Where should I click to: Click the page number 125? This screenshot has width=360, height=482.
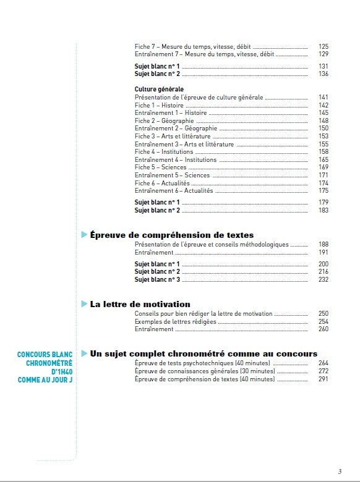(323, 46)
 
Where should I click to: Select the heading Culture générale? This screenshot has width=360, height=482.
(159, 90)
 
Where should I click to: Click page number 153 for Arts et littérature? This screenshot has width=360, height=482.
(323, 136)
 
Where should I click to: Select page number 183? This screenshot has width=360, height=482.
(323, 211)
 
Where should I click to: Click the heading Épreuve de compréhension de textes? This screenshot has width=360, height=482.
(171, 235)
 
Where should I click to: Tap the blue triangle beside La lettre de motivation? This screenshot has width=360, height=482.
(84, 304)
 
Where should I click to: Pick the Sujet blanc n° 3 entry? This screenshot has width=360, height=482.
(157, 279)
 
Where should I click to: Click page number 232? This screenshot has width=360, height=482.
(323, 279)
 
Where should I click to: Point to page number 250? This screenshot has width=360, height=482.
(323, 314)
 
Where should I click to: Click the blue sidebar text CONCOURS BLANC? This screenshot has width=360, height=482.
(45, 355)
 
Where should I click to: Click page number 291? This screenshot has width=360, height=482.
(323, 379)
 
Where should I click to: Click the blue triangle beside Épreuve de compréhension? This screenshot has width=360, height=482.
(84, 235)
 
